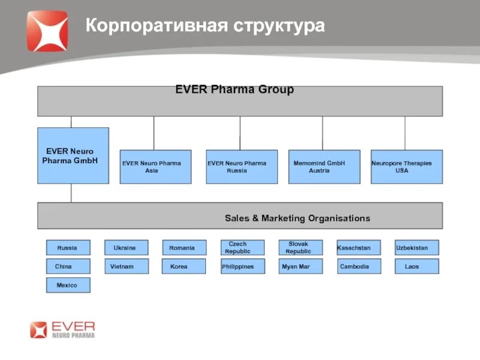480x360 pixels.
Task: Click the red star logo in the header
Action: click(47, 31)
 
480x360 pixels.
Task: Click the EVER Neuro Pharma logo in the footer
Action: click(62, 329)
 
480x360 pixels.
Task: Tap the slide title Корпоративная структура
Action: click(205, 26)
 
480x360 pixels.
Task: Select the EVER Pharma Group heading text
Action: click(235, 90)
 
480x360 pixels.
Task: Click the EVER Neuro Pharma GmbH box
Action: click(73, 155)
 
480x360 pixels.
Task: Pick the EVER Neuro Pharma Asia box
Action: click(155, 167)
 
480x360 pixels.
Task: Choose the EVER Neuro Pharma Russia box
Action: click(242, 167)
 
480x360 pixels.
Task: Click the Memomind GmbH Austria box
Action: click(324, 167)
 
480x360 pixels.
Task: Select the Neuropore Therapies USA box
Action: click(406, 167)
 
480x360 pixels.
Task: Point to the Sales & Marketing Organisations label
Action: click(297, 218)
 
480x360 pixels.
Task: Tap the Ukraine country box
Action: click(127, 248)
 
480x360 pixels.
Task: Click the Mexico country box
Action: click(68, 285)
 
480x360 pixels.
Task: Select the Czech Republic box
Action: click(242, 248)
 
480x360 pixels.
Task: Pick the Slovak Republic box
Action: click(300, 248)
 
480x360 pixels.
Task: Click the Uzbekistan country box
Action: click(416, 248)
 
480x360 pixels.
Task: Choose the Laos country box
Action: click(416, 266)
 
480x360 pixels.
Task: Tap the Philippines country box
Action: click(242, 266)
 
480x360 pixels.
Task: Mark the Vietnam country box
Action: click(127, 266)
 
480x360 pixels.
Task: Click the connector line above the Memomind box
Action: click(322, 133)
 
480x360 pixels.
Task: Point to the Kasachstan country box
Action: click(358, 248)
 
